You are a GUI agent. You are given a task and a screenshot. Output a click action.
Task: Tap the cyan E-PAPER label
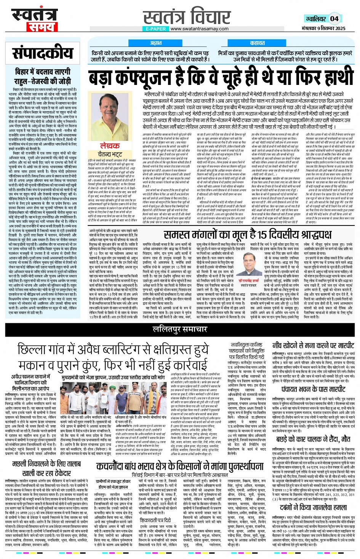tap(155, 29)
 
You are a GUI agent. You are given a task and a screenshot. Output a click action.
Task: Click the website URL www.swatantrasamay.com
tap(199, 29)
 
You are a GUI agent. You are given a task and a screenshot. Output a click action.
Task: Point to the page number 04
tap(334, 18)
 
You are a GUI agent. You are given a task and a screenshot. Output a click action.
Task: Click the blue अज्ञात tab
tap(156, 43)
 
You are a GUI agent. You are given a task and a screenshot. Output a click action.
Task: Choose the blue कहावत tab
tap(257, 43)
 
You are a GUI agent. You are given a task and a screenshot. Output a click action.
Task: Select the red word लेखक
tap(110, 146)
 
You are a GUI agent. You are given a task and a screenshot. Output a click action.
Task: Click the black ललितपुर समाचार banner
tap(180, 329)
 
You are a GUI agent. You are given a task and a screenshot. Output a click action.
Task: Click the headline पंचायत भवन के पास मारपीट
tap(313, 389)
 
